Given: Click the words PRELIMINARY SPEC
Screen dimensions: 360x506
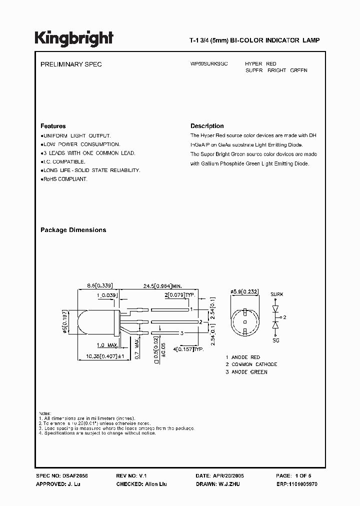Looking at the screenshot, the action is click(x=71, y=64).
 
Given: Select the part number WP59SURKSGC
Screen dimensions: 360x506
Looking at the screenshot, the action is click(x=209, y=64).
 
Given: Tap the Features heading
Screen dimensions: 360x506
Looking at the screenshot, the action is click(x=53, y=126).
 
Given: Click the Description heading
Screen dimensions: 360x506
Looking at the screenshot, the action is click(x=207, y=126).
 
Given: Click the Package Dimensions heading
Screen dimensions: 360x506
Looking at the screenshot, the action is click(x=73, y=230).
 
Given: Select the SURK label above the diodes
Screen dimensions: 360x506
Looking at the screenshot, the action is click(x=276, y=294).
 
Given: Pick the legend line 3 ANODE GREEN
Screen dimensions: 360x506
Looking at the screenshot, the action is click(x=246, y=372).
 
